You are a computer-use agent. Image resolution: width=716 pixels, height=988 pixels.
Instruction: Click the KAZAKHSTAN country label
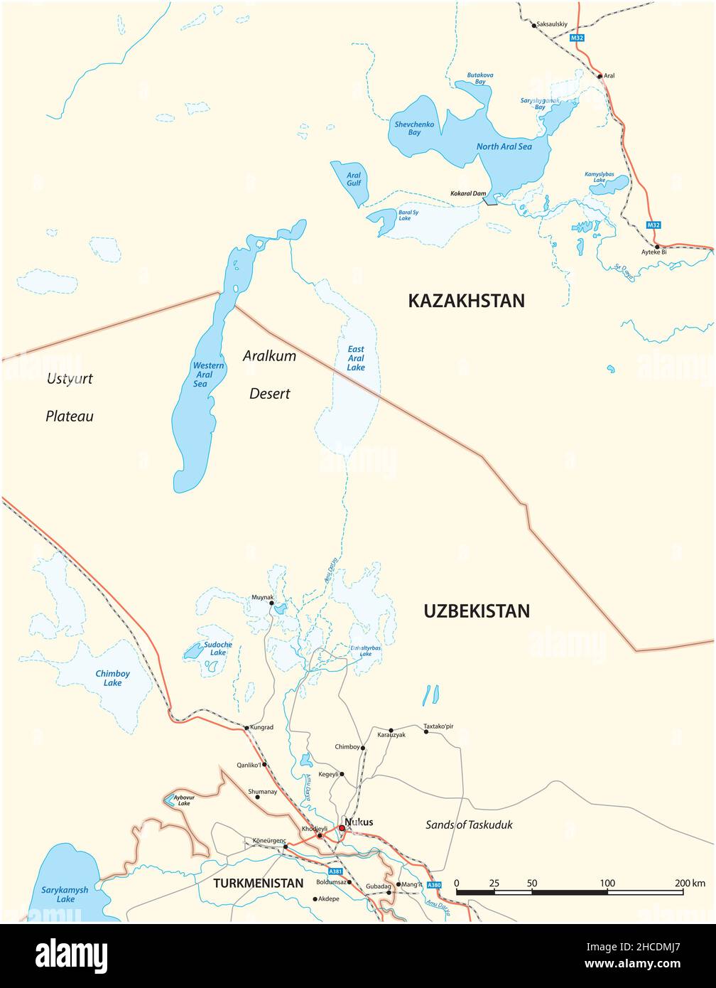coord(466,301)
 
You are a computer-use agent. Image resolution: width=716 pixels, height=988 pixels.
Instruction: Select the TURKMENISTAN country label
coord(259,883)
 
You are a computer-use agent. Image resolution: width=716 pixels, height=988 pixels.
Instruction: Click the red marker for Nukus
coord(342,828)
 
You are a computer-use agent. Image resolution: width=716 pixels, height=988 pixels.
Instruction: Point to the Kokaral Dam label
coord(468,193)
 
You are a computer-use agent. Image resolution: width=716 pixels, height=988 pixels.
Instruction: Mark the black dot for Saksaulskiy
coord(534,26)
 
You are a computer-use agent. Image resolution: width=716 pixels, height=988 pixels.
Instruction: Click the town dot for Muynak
coord(271,603)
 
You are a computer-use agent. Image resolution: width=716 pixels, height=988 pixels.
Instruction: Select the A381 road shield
coord(335,871)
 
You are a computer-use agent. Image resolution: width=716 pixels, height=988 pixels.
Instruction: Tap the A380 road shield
coord(435,885)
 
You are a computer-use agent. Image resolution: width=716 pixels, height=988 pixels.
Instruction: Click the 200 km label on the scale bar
coord(689,883)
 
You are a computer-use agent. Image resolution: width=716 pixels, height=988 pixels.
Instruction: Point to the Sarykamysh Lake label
coord(65,894)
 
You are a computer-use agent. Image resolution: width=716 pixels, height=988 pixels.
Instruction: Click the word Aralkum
coord(269,356)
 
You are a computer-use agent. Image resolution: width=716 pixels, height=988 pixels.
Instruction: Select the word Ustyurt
coord(70,379)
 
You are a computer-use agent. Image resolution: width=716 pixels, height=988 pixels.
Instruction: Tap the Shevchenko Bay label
coord(414,128)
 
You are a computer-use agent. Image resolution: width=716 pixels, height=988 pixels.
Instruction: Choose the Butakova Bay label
coord(480,78)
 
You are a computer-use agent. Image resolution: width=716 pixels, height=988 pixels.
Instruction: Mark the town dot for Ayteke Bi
coord(658,247)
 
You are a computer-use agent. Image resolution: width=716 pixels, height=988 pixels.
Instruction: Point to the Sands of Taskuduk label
coord(469,825)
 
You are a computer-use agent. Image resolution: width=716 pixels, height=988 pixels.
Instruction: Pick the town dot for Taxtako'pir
coord(426,731)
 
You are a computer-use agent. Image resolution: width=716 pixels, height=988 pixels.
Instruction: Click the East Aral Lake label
coord(356,358)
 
